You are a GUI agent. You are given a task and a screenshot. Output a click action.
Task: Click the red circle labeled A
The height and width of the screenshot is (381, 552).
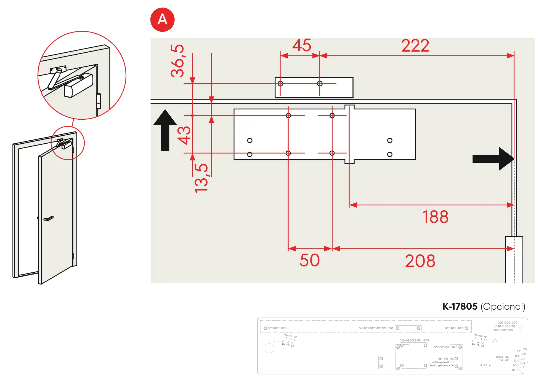[162, 20]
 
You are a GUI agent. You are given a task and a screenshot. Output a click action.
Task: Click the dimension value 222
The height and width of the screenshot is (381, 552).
[415, 45]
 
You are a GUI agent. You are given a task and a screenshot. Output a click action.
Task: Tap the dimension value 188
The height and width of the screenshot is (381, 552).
[435, 217]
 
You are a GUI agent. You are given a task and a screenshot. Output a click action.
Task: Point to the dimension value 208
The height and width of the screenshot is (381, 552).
[420, 261]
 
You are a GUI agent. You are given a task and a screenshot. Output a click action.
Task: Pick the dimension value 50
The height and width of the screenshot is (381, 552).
[309, 260]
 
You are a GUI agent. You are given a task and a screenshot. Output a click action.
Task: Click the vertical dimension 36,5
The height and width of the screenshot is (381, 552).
[177, 61]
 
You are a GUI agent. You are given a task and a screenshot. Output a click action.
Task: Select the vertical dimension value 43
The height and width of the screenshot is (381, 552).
[184, 135]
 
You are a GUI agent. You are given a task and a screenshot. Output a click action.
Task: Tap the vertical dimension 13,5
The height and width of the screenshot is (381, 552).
[201, 178]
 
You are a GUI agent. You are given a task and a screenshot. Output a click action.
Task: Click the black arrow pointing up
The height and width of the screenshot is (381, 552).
[165, 130]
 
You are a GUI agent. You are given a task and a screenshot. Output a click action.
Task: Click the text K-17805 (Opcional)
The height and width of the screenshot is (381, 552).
[483, 307]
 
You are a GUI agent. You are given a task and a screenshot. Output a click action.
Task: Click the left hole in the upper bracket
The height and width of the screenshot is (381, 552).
[280, 84]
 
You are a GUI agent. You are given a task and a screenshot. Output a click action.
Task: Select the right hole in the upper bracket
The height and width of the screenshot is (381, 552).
[320, 84]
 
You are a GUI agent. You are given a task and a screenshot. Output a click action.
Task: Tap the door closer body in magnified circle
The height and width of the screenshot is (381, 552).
[78, 85]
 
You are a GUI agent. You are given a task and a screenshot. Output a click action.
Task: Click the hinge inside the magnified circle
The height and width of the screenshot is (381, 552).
[99, 101]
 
